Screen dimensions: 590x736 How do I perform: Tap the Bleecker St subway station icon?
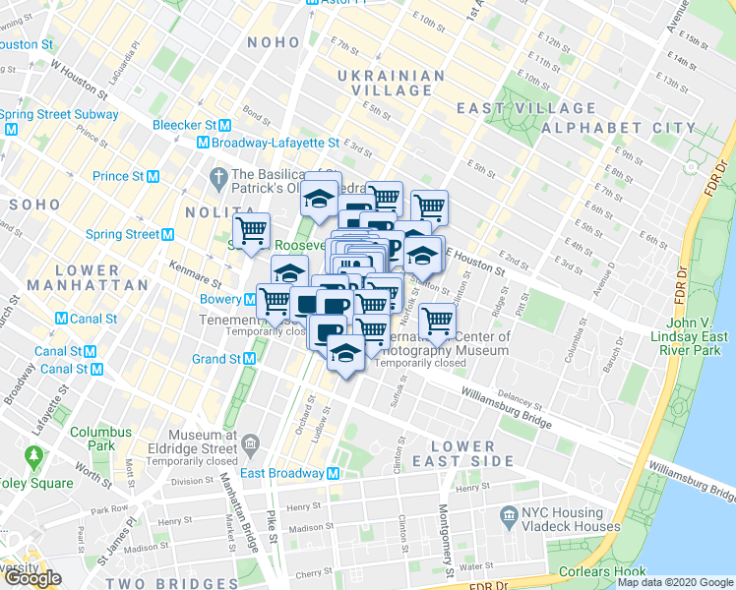pyautogui.click(x=225, y=125)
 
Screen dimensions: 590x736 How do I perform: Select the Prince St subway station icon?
pyautogui.click(x=153, y=176)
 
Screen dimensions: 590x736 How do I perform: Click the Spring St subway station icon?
pyautogui.click(x=168, y=234)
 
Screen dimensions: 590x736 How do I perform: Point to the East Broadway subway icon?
pyautogui.click(x=334, y=473)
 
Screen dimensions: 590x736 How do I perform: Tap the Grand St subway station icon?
pyautogui.click(x=249, y=359)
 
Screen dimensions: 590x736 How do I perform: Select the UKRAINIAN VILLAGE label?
pyautogui.click(x=385, y=83)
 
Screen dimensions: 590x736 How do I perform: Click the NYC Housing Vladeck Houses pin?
pyautogui.click(x=509, y=514)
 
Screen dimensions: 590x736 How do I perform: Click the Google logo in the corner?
pyautogui.click(x=31, y=578)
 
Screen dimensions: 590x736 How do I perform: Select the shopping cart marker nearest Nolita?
pyautogui.click(x=252, y=230)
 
